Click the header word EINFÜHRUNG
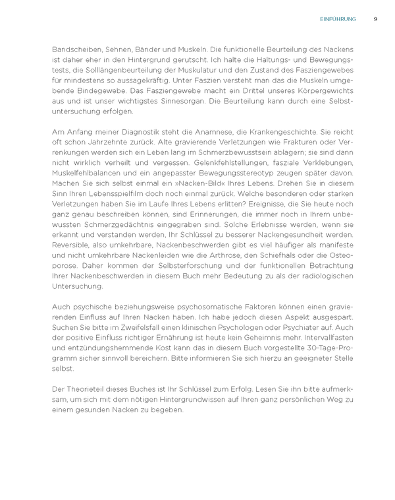[337, 19]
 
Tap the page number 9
[375, 19]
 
